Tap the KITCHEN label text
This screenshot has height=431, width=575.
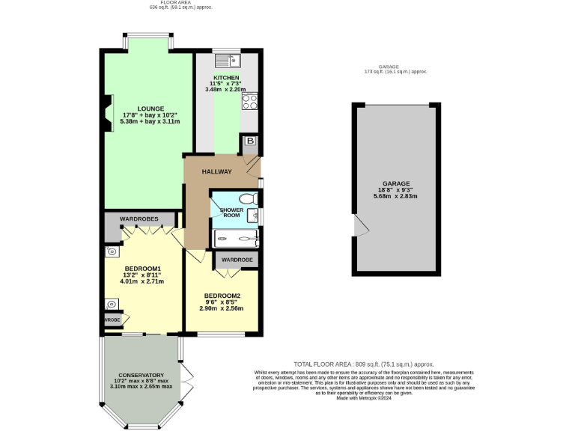(x=226, y=78)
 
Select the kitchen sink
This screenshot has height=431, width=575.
(x=225, y=59)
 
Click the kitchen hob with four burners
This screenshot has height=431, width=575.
(x=250, y=101)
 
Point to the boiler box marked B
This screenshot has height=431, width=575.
(x=249, y=141)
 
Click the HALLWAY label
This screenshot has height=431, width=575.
(x=216, y=172)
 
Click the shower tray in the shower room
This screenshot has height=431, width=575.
(x=236, y=239)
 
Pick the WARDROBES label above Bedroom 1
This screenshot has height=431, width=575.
(x=139, y=219)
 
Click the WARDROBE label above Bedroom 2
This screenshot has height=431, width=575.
(x=237, y=260)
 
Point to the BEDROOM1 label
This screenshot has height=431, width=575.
(x=142, y=269)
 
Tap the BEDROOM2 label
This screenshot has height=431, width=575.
(x=222, y=296)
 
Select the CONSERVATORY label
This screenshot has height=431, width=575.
(x=141, y=375)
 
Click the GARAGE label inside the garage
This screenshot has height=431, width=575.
(x=396, y=183)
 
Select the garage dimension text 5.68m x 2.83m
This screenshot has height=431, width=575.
(x=396, y=197)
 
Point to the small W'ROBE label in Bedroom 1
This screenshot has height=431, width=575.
(x=112, y=320)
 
